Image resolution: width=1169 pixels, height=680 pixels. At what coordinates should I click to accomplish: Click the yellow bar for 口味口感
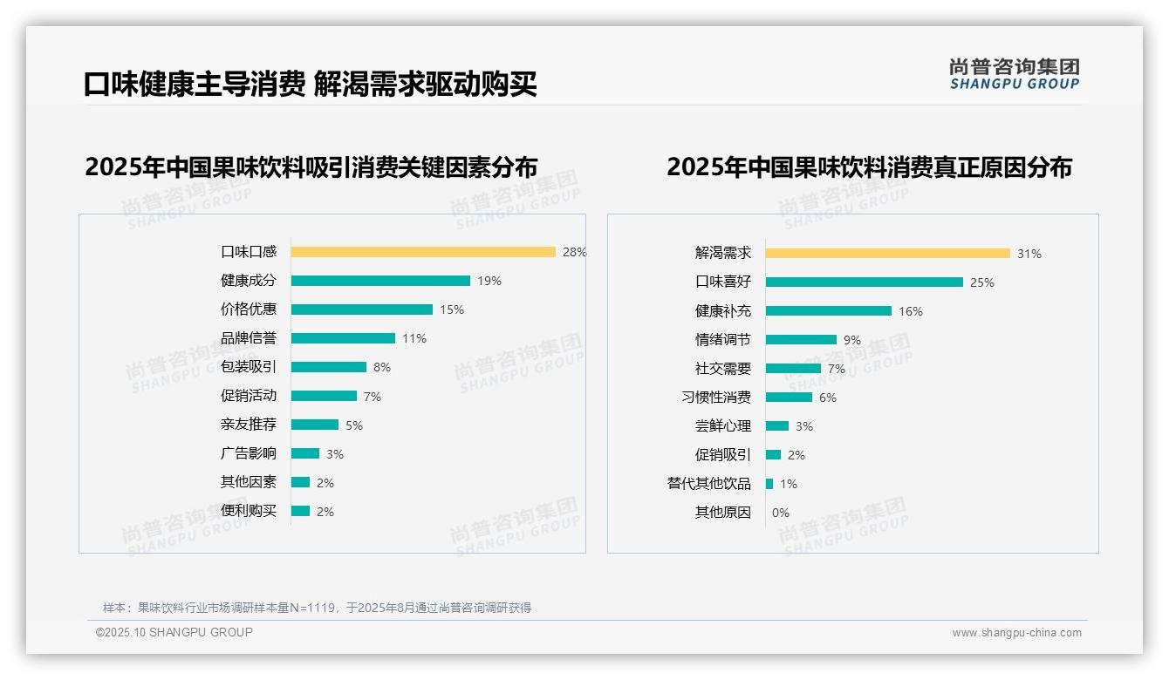coord(423,252)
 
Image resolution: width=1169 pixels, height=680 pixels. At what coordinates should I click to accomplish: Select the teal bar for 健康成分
coord(380,281)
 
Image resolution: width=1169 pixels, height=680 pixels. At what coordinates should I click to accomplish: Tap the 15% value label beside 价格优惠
coord(452,309)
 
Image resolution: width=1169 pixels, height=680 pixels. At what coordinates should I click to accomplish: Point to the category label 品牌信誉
coord(249,338)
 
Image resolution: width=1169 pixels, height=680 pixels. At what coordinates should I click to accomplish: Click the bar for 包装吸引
coord(329,367)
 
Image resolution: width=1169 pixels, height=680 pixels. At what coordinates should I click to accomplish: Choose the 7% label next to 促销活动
coord(373,397)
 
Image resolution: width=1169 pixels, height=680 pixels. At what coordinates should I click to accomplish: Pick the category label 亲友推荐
coord(249,425)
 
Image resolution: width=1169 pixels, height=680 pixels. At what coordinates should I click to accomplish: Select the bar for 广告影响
coord(305,453)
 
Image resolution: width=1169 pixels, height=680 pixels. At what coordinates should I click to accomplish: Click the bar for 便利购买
coord(301,511)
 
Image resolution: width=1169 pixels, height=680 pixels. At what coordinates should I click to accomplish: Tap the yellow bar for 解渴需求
coord(888,254)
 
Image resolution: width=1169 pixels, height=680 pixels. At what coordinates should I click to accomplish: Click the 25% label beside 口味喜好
coord(982,282)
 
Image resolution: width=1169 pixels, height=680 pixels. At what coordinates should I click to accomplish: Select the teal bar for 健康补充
coord(829,311)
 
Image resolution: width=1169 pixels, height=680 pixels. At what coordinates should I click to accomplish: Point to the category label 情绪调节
coord(722,340)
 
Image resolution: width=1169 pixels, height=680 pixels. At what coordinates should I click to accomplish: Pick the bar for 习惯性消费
coord(789,398)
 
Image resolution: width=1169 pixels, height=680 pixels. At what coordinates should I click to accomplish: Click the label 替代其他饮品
coord(708,484)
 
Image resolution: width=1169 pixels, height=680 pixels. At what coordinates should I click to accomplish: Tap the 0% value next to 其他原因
coord(781,513)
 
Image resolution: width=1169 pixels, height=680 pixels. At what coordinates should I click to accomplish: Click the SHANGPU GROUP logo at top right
coord(1015,74)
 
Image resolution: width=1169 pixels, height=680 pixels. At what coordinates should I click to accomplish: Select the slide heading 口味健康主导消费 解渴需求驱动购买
coord(311,84)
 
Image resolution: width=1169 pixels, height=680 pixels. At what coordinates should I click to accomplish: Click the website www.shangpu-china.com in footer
coord(1016,633)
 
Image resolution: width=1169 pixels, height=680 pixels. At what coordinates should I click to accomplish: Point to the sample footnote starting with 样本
coord(317,608)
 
